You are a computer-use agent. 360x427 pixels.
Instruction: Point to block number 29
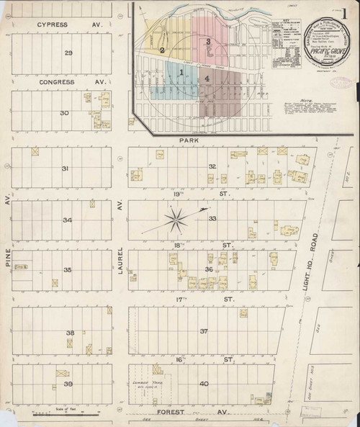coord(68,54)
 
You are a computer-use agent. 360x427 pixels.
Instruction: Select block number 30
coord(64,113)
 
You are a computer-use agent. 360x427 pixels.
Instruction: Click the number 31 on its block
coord(65,168)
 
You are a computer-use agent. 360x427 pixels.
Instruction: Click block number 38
coord(71,333)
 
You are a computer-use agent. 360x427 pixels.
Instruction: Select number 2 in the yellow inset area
coord(163,50)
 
